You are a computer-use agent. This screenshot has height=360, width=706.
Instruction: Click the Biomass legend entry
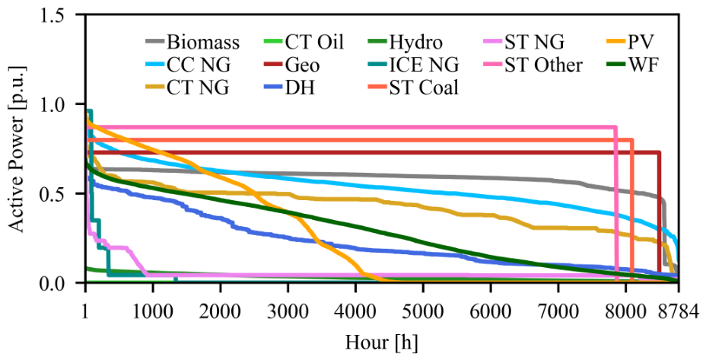(x=192, y=43)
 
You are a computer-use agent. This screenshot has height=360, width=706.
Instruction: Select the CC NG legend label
(x=188, y=65)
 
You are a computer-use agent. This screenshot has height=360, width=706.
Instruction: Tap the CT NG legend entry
(x=187, y=88)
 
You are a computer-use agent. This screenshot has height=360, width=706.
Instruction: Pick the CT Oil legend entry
(x=304, y=43)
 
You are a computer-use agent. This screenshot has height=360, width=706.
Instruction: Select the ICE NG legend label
(x=413, y=65)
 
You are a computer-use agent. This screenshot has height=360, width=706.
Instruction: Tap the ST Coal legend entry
(x=413, y=88)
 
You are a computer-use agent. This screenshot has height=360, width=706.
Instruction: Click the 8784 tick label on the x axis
(x=679, y=311)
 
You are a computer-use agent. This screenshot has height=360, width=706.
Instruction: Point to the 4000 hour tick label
(x=356, y=311)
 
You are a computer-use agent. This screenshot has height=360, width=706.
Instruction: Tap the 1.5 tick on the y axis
(x=62, y=14)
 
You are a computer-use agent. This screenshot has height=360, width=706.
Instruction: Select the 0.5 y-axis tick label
(x=62, y=193)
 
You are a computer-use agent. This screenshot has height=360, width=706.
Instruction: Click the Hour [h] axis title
(x=381, y=343)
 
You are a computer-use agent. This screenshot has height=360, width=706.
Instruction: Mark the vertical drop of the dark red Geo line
(x=659, y=217)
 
